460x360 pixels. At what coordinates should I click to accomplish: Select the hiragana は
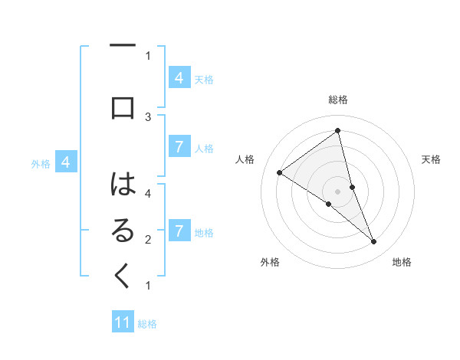tap(123, 185)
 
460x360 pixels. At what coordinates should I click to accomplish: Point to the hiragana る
tap(123, 231)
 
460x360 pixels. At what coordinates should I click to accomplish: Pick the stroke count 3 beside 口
tap(148, 116)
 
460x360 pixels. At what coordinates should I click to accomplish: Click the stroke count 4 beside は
tap(148, 193)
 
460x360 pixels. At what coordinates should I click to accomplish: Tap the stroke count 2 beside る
tap(148, 240)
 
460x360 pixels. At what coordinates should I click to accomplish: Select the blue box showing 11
tap(123, 322)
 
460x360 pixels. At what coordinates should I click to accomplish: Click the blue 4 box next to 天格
tap(179, 77)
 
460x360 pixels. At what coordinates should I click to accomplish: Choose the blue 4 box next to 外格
tap(66, 162)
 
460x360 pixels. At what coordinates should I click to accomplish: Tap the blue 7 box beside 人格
tap(179, 147)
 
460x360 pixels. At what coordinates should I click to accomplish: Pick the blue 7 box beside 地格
tap(179, 231)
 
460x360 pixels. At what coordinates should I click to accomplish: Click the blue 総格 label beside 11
tap(147, 324)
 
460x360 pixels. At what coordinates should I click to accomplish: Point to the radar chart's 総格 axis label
tap(338, 100)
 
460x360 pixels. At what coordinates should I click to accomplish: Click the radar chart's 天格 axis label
tap(432, 159)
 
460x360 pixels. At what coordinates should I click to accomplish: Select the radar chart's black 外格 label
tap(270, 262)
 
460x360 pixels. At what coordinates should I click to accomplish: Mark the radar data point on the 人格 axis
tap(279, 173)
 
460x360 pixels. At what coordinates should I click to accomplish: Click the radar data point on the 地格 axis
tap(374, 242)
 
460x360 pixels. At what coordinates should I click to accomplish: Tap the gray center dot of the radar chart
tap(338, 191)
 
